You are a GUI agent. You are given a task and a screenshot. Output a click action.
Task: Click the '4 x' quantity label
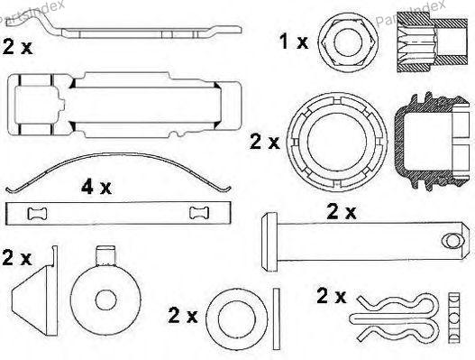coord(96,187)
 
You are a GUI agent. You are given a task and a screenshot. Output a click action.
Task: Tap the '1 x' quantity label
coord(294,42)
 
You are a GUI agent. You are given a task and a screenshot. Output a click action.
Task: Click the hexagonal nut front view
coord(348,42)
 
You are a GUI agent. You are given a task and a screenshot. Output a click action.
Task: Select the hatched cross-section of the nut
coord(432,42)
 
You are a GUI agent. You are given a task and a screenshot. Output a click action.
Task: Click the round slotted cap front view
coord(337,142)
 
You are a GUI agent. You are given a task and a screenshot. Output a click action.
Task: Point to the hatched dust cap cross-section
coord(432,141)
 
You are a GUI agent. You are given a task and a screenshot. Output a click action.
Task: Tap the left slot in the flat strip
coord(37,213)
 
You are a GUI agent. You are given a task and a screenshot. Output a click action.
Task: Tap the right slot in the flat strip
coord(199,213)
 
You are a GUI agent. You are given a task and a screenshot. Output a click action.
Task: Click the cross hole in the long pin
coord(452,241)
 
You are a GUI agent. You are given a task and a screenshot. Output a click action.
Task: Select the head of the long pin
coord(269,242)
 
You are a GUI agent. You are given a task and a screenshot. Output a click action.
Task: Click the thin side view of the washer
coord(277,318)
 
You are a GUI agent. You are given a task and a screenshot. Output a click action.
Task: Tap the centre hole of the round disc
coord(106,300)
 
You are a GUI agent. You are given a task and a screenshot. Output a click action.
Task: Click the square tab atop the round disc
coord(105,256)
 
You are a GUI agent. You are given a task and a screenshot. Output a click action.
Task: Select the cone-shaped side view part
coord(35,291)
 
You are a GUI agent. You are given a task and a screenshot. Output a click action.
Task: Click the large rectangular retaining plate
coord(124,105)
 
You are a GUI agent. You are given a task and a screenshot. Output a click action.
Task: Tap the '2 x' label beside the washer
coord(183,316)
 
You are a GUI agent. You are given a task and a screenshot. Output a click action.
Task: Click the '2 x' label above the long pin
coord(342,212)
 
